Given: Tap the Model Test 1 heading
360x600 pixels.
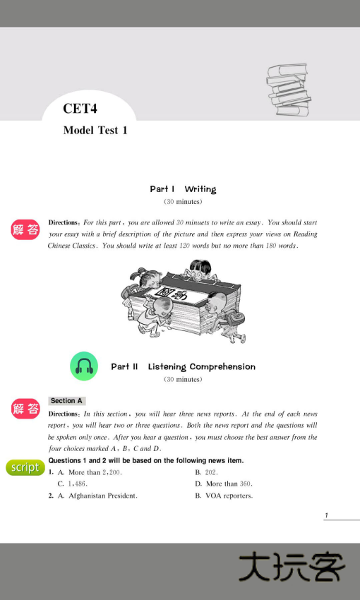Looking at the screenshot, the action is point(95,131).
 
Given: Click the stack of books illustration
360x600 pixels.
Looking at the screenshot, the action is point(287,89).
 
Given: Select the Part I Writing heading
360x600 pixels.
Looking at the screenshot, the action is point(183,189).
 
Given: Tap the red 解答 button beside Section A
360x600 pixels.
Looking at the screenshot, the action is point(25,409).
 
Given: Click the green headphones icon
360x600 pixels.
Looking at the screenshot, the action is point(84,366).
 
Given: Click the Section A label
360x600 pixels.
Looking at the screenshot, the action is point(67,401).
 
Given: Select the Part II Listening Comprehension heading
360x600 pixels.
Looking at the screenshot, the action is point(183,367).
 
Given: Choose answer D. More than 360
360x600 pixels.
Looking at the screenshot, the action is point(223,484).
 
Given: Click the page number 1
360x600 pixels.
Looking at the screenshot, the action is point(326,516).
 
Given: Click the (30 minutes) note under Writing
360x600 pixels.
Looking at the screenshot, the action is point(183,202).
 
